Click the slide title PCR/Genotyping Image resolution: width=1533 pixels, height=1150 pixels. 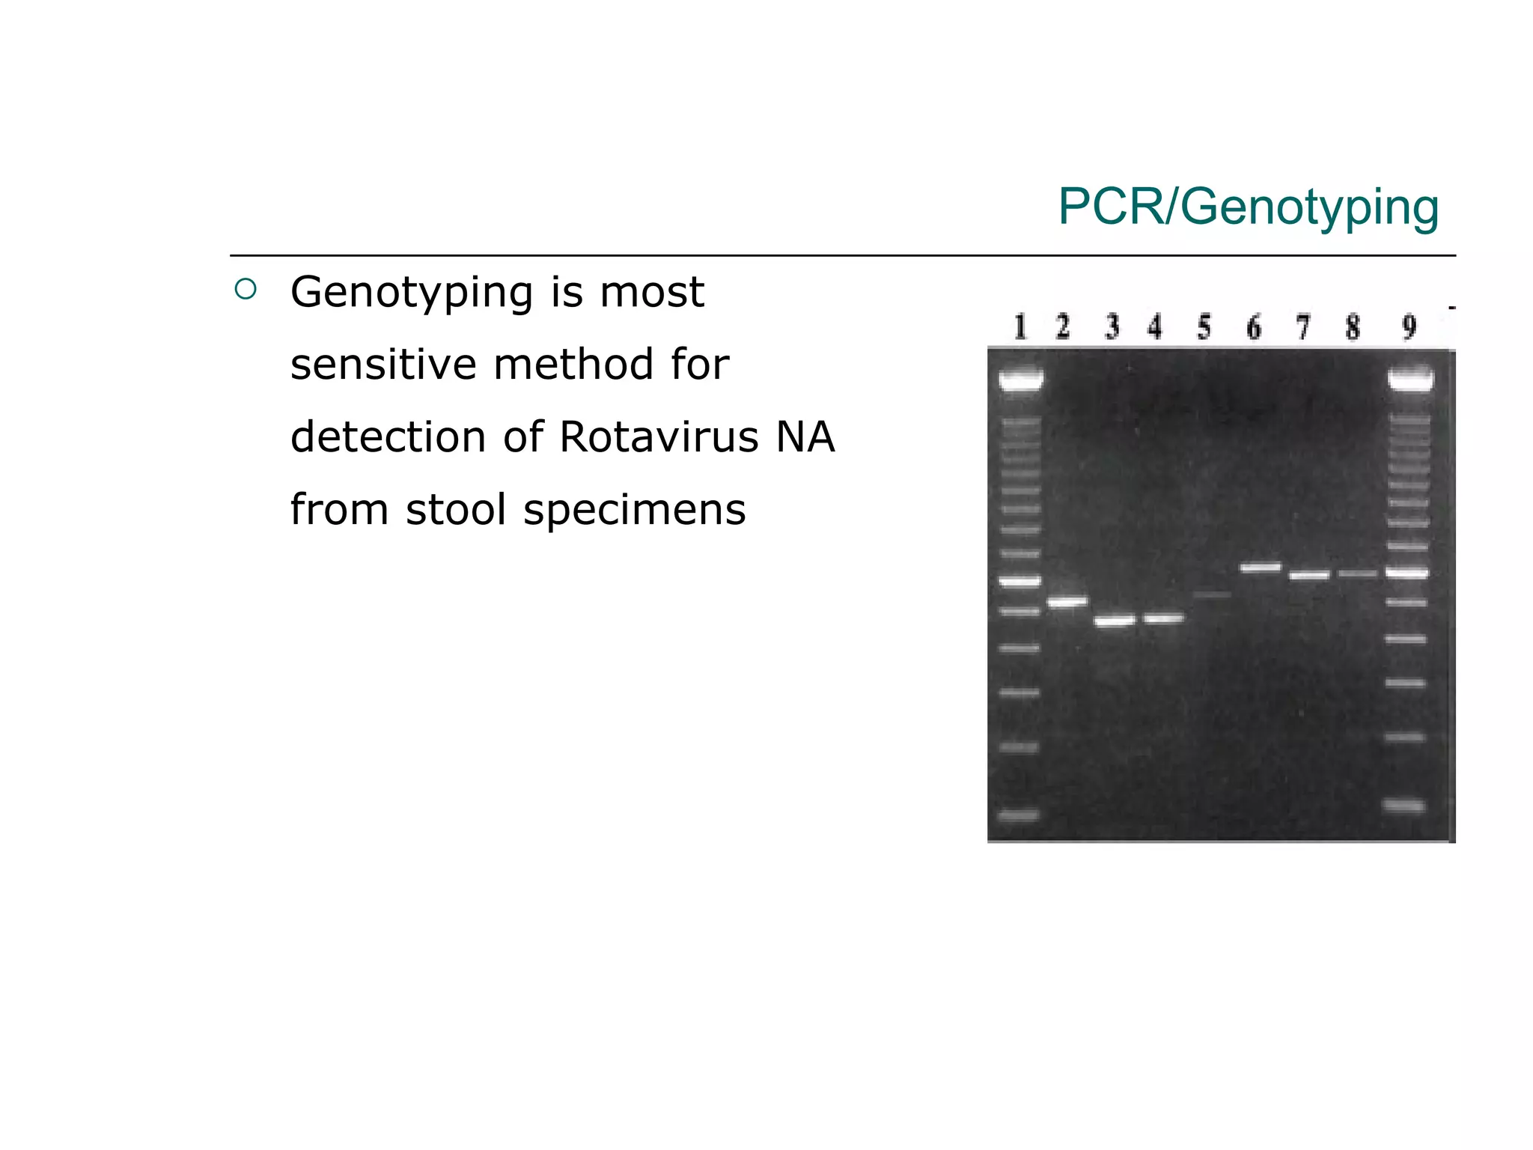click(1248, 207)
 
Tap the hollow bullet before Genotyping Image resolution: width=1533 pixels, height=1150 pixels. click(246, 289)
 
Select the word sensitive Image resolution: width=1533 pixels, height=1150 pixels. click(383, 365)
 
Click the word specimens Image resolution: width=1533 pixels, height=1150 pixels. click(634, 510)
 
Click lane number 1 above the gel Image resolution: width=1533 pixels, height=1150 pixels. click(1020, 327)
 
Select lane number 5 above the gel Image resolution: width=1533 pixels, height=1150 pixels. click(1204, 327)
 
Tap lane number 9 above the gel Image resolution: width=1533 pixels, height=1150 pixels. click(1409, 327)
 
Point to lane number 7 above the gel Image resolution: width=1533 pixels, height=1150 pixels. click(1303, 327)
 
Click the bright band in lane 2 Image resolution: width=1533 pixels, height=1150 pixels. click(1067, 601)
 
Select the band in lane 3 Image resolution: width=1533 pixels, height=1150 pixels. click(1115, 621)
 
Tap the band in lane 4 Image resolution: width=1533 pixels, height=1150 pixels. click(1163, 618)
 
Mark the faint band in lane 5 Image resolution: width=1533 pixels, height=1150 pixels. click(1212, 595)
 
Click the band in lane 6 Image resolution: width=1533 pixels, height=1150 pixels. click(1261, 568)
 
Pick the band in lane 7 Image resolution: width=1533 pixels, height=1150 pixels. click(1309, 575)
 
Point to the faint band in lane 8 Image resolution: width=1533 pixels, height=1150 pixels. click(1357, 574)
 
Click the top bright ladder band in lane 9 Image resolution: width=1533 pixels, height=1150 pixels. click(1410, 380)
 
